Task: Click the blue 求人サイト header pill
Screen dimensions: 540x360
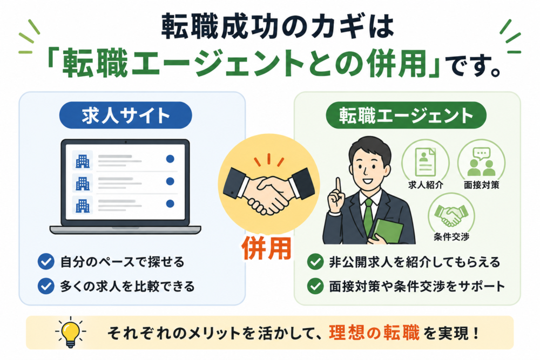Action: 125,116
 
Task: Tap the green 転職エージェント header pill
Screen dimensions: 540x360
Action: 406,116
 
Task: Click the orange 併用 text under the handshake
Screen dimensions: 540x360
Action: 267,248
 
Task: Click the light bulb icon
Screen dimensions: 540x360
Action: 71,332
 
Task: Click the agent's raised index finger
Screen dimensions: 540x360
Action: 338,186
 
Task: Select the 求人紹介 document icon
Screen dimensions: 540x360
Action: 426,162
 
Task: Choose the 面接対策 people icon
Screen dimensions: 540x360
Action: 481,162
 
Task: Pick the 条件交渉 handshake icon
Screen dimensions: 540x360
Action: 451,215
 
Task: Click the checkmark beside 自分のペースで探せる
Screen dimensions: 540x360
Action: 46,262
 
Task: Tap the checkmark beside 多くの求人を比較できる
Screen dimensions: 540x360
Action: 46,286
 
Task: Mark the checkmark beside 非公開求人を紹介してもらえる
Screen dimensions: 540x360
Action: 315,262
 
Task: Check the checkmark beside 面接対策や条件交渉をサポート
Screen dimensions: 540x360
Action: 315,286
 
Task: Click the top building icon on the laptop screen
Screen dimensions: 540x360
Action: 83,160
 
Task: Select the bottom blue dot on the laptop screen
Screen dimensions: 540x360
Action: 170,203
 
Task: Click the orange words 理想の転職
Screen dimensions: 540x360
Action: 374,332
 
